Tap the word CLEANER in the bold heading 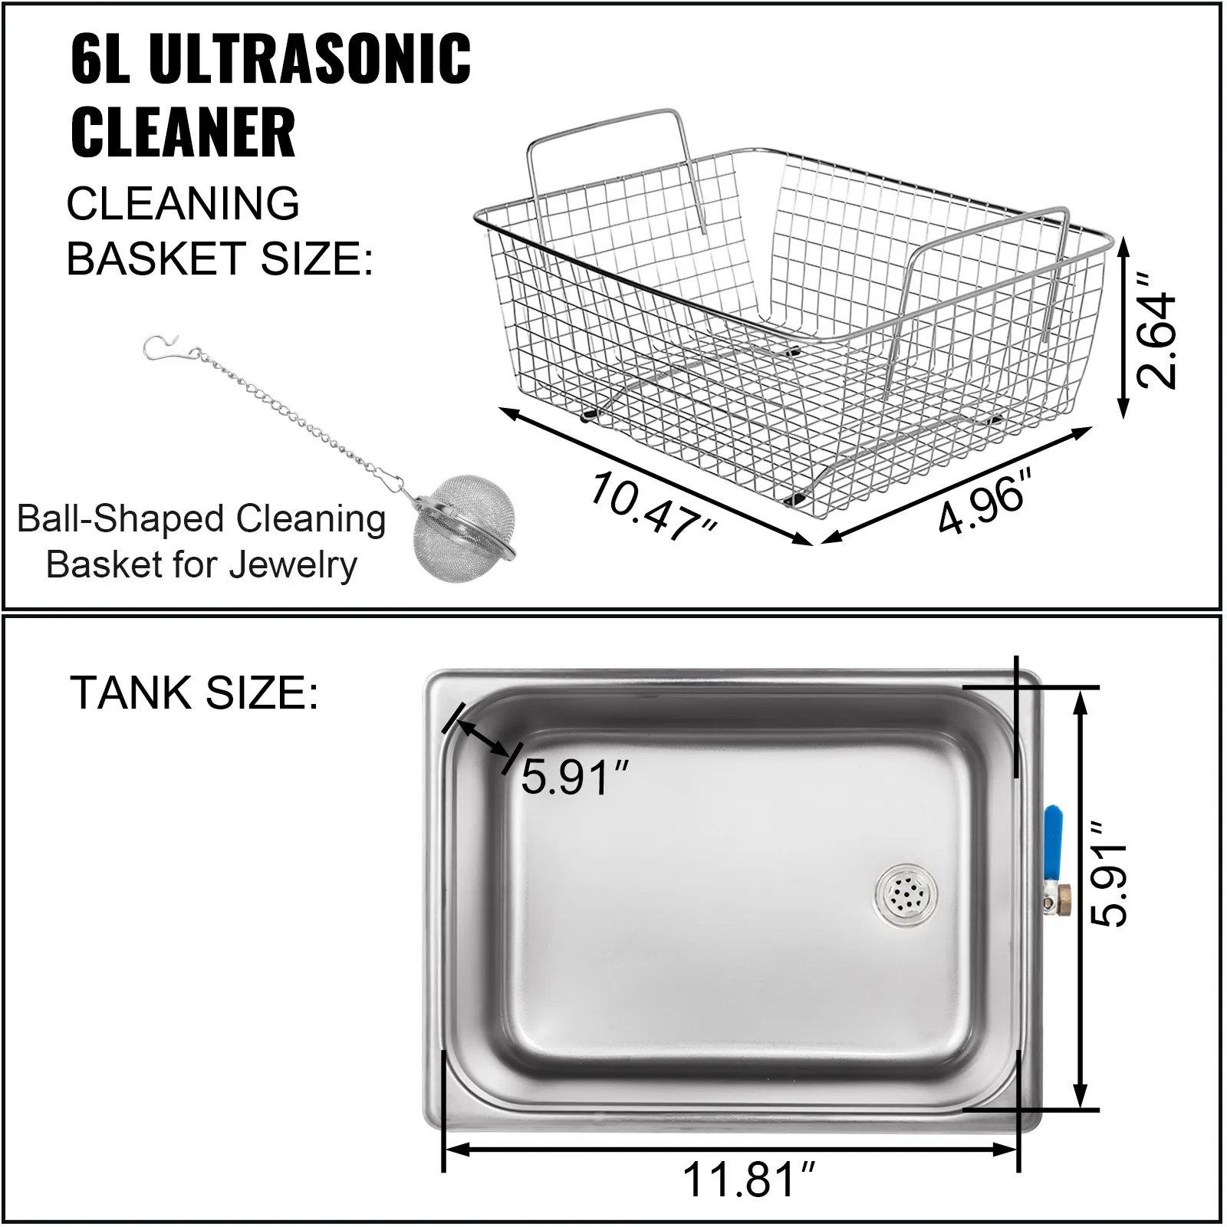[183, 132]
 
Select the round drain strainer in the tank [906, 893]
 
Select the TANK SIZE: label [194, 692]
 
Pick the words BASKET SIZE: [220, 258]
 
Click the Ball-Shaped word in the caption [104, 519]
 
